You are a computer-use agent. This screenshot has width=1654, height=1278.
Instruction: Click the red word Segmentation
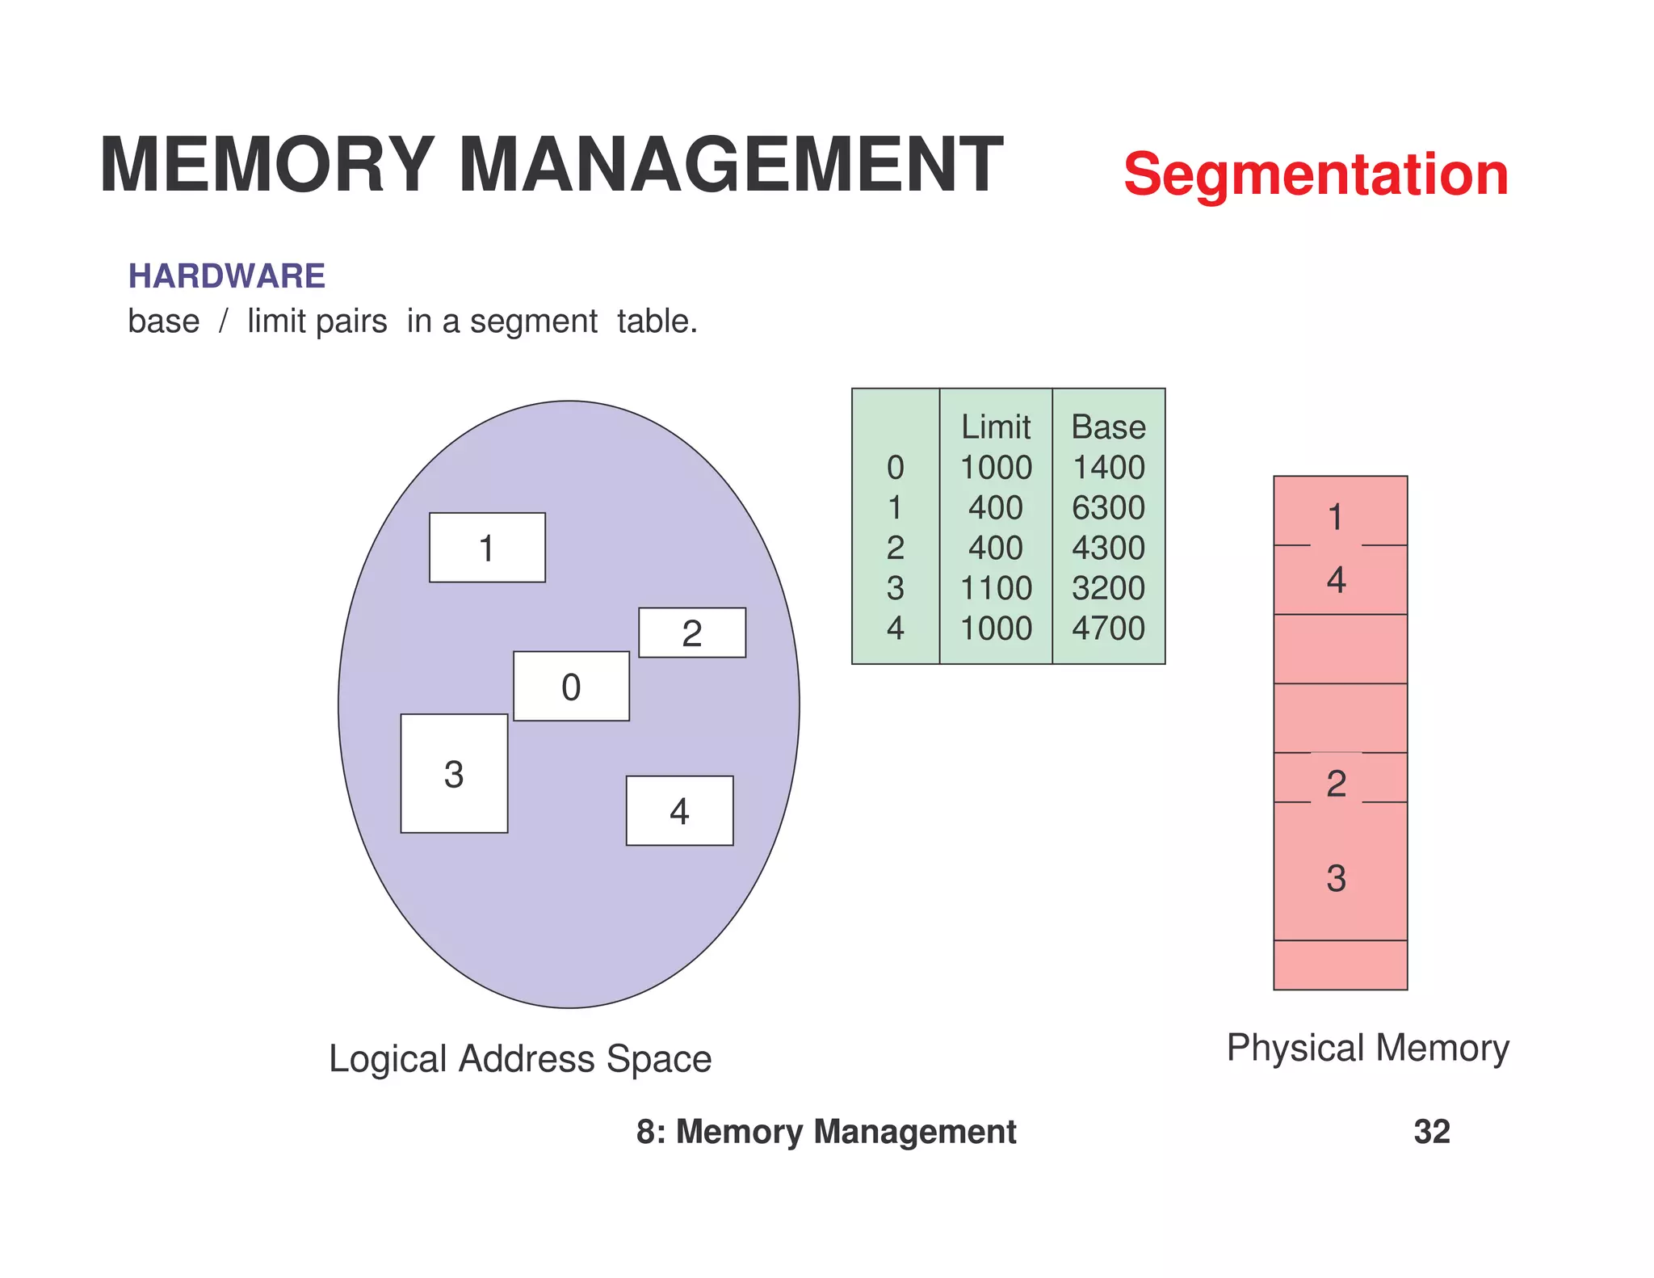tap(1315, 174)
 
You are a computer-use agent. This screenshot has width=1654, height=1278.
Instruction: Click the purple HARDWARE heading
tap(226, 276)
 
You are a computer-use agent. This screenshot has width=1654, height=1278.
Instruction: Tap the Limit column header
tap(995, 427)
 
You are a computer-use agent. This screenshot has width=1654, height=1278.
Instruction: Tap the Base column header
tap(1108, 427)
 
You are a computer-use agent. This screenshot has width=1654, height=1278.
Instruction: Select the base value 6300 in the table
tap(1108, 507)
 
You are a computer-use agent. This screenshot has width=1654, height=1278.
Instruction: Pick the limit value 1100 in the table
tap(995, 588)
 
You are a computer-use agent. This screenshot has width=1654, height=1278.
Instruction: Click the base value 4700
tap(1108, 628)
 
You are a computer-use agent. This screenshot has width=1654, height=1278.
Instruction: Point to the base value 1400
tap(1108, 467)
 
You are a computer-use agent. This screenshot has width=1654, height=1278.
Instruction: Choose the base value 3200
tap(1108, 588)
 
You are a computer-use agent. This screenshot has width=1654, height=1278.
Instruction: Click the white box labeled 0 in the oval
tap(571, 686)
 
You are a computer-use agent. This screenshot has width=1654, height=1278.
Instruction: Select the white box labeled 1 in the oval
tap(487, 548)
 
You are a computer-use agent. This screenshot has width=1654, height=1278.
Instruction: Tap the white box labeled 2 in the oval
tap(692, 633)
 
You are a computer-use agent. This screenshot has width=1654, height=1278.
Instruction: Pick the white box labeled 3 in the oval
tap(454, 773)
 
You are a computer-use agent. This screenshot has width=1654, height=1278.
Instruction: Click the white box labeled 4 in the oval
tap(679, 810)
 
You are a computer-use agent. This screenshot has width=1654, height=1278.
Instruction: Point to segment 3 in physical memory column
tap(1337, 878)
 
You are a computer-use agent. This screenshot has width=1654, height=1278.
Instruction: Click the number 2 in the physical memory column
tap(1337, 783)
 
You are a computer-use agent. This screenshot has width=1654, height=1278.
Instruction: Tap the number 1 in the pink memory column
tap(1336, 517)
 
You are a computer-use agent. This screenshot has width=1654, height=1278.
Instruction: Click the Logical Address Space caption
tap(520, 1058)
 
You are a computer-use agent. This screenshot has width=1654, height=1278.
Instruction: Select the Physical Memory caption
tap(1367, 1048)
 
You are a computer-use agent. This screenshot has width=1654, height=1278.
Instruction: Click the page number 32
tap(1431, 1132)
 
